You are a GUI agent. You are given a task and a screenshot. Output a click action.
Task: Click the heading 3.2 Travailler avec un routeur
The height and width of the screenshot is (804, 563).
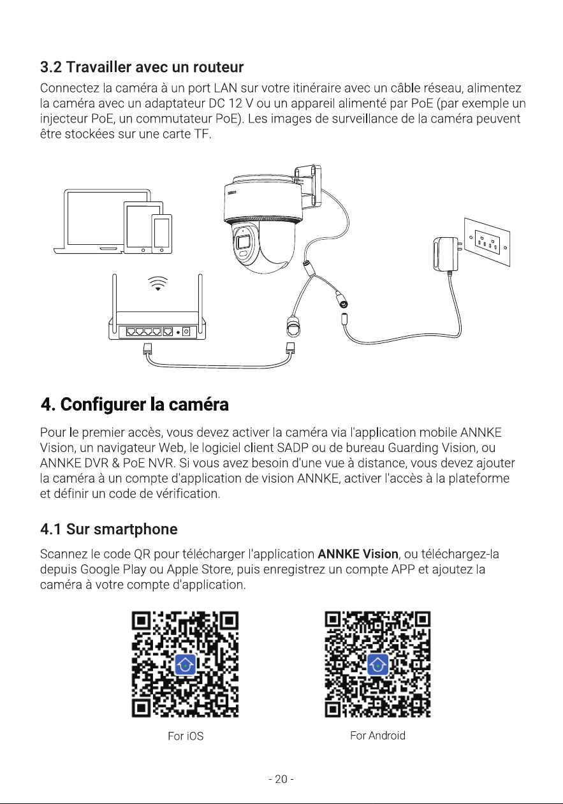[x=142, y=67]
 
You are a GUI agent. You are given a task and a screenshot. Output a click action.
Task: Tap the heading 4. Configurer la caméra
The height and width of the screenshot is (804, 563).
[x=135, y=404]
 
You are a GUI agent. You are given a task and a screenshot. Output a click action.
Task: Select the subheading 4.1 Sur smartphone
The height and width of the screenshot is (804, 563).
[x=109, y=529]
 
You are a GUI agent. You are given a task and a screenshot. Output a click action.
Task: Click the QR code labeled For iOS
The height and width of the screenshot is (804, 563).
[x=185, y=664]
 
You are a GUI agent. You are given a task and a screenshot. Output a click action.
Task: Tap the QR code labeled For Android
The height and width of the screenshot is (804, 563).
[x=377, y=664]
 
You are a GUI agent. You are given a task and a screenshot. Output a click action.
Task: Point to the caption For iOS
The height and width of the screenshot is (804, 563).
[x=186, y=736]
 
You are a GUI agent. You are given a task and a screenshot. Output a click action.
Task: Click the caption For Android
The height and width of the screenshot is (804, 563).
[x=377, y=735]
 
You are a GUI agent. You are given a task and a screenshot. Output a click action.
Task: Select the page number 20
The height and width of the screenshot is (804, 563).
[x=281, y=779]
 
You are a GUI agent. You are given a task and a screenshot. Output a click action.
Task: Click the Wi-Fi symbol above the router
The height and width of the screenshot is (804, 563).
[x=158, y=283]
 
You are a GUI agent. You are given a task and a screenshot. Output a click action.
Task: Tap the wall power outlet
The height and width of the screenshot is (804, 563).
[x=487, y=242]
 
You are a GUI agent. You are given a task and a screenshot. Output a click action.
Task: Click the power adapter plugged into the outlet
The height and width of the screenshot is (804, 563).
[x=447, y=254]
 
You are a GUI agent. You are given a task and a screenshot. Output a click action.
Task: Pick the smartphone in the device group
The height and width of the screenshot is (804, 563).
[x=161, y=234]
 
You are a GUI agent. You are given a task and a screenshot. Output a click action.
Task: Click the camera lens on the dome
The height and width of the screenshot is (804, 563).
[x=244, y=242]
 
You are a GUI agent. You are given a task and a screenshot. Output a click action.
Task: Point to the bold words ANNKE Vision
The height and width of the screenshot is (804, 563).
[x=358, y=554]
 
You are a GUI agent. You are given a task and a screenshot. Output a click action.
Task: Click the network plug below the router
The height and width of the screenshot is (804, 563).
[x=147, y=349]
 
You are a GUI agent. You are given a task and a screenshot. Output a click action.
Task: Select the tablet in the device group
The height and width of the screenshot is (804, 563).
[x=143, y=228]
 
